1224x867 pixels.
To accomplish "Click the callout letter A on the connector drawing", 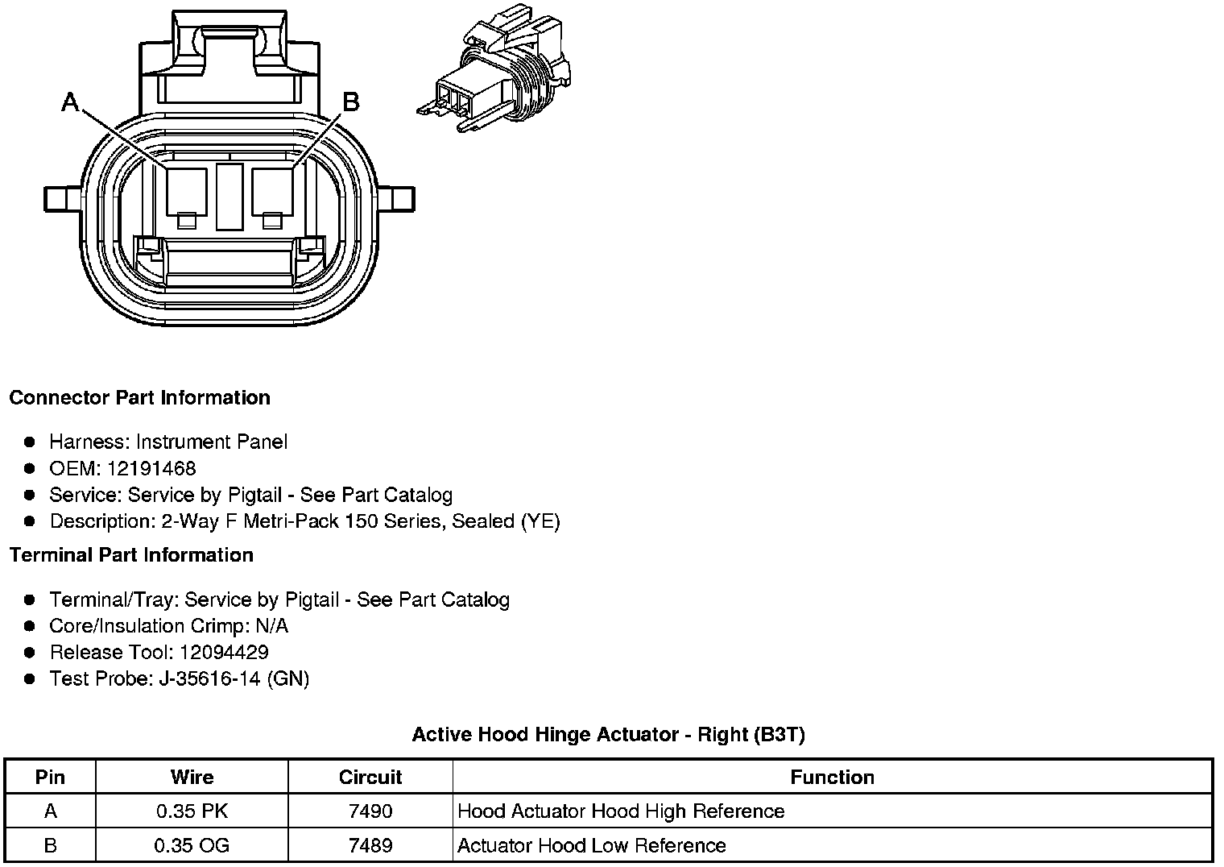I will coord(71,102).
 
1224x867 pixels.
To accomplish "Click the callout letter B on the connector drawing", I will coord(350,102).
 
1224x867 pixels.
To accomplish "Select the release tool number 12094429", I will coord(224,652).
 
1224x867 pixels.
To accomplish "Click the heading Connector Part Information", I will coord(139,398).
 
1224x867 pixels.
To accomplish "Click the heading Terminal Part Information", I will coord(131,555).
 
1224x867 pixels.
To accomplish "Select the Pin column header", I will coord(50,777).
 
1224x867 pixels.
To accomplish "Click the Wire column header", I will coord(192,777).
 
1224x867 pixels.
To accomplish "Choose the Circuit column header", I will coord(370,777).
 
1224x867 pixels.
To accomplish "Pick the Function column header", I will coord(832,777).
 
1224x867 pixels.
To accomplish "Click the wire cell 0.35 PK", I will coord(192,811).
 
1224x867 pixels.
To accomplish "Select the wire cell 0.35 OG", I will coord(192,845).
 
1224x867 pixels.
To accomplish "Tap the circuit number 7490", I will coord(370,811).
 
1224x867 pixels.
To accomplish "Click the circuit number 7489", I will coord(370,845).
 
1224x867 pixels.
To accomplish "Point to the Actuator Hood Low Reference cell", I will coord(591,845).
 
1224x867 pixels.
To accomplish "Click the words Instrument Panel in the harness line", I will coord(211,442).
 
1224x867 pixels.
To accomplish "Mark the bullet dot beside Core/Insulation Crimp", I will coord(30,625).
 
